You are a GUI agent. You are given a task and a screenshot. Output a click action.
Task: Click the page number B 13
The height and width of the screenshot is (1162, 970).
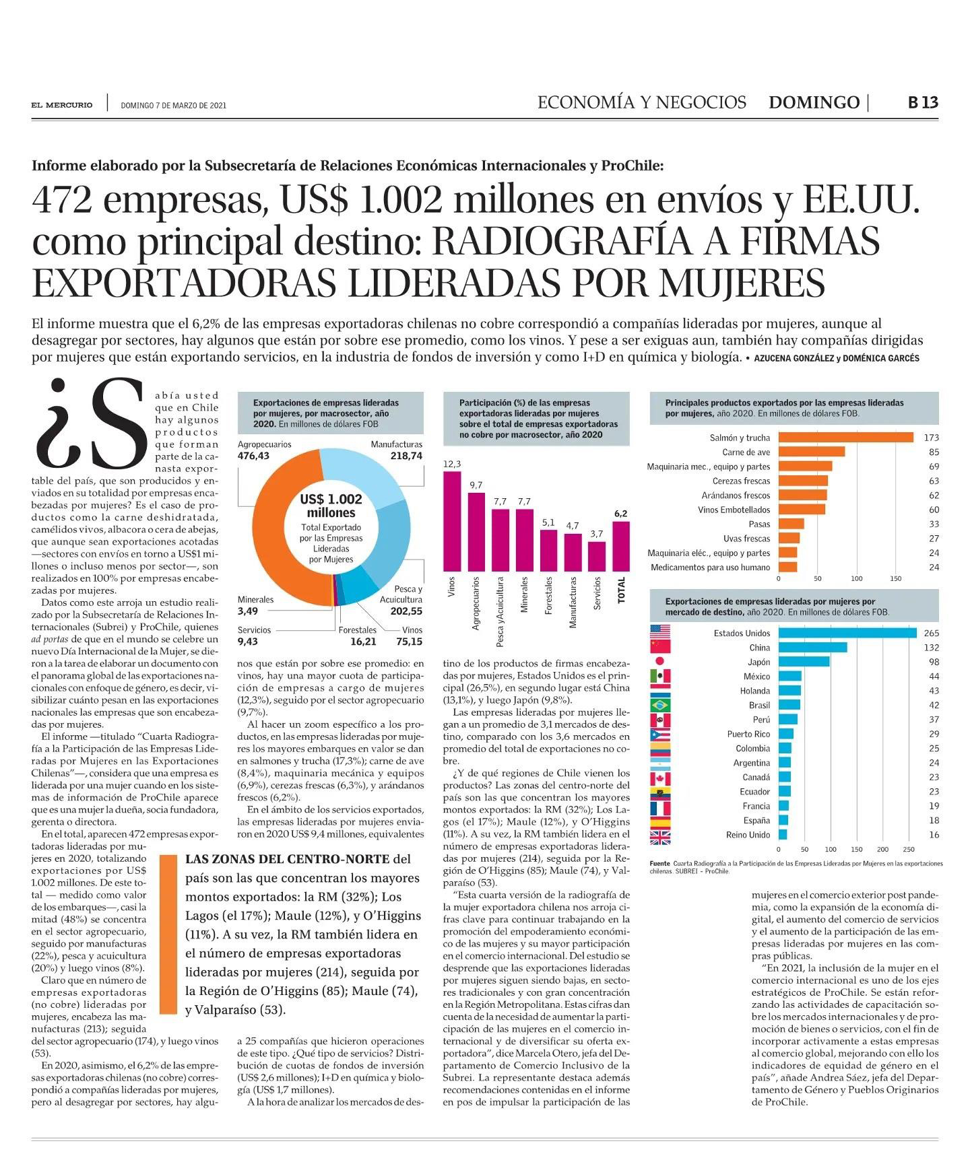click(923, 103)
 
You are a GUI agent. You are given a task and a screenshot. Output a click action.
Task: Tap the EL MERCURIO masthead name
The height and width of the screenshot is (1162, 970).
click(62, 105)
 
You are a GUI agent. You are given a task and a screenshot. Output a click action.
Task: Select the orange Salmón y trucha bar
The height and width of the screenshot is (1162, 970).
click(846, 438)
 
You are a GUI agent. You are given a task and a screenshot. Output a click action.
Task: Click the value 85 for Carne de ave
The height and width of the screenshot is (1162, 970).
click(934, 452)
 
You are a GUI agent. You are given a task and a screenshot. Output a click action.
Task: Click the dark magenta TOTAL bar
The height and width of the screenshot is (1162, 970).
click(621, 546)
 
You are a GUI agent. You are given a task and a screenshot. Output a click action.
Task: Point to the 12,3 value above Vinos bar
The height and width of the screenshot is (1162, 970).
click(452, 465)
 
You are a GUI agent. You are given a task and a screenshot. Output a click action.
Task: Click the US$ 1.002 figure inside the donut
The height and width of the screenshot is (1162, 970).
click(331, 499)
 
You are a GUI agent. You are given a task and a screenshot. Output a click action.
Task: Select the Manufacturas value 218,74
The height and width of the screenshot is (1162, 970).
click(406, 456)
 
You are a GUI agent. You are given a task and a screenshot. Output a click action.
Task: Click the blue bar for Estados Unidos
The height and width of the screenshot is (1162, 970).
click(847, 633)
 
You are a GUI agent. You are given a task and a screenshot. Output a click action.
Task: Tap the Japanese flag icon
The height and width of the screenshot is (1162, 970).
click(660, 661)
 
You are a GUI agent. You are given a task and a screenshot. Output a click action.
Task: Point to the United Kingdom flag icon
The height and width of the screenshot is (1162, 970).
click(660, 838)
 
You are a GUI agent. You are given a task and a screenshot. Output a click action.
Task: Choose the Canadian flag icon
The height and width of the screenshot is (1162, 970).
click(660, 779)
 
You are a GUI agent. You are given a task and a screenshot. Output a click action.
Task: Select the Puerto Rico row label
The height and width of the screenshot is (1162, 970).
click(748, 734)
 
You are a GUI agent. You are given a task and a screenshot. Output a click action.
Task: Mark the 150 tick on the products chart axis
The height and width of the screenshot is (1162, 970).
click(895, 578)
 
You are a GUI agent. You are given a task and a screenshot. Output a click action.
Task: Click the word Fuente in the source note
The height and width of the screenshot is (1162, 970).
click(660, 863)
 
